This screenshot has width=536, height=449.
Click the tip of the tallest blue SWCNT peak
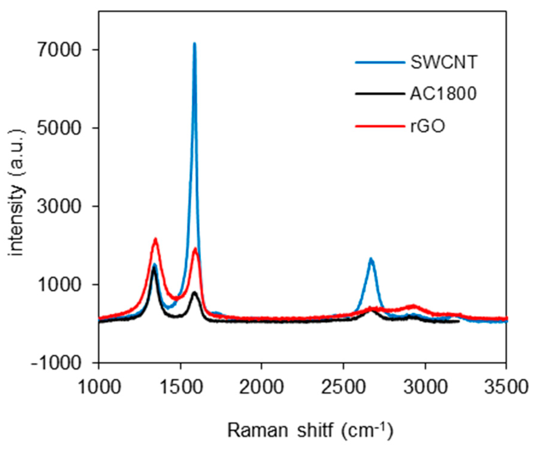[x=194, y=44]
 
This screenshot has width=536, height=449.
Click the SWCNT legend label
[x=444, y=62]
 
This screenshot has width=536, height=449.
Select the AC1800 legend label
[x=443, y=94]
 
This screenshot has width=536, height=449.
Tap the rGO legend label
[x=428, y=126]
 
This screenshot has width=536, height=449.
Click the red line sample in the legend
[x=380, y=126]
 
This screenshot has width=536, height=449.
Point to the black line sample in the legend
[x=380, y=94]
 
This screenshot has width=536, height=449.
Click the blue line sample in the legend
[x=380, y=62]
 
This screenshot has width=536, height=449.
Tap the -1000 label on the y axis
[x=56, y=363]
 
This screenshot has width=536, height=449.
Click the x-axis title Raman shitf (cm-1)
[x=310, y=431]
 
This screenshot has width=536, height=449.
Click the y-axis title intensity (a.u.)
[x=17, y=193]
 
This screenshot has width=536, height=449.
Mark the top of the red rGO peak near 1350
[x=155, y=239]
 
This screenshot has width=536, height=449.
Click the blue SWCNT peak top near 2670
[x=371, y=259]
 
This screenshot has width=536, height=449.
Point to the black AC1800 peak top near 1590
[x=194, y=292]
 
